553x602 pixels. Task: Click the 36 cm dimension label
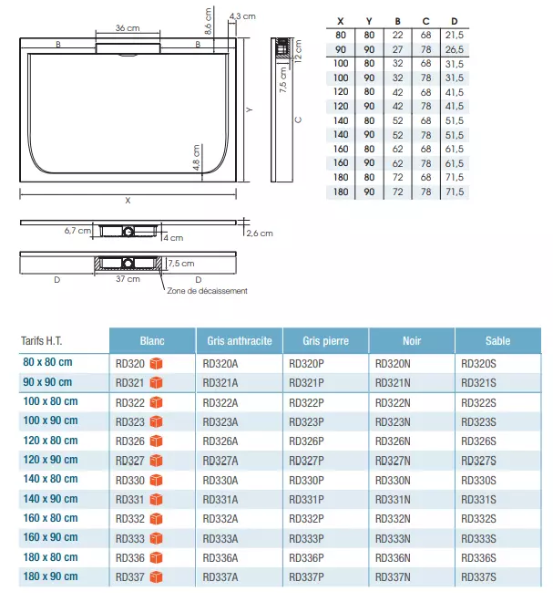[x=128, y=28]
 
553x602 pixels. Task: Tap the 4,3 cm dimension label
[x=242, y=16]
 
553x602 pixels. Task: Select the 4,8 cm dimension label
[x=195, y=159]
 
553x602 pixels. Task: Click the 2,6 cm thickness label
[x=260, y=234]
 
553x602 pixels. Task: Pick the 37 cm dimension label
[x=128, y=279]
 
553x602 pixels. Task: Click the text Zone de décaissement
[x=207, y=291]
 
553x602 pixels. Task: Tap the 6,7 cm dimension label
[x=77, y=231]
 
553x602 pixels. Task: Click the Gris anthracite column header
[x=240, y=341]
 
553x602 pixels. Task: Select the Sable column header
[x=498, y=341]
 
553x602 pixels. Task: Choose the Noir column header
[x=412, y=341]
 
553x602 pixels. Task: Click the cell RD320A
[x=220, y=363]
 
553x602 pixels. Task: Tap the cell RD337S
[x=479, y=576]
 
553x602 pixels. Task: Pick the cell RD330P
[x=306, y=480]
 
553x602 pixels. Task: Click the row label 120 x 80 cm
[x=50, y=441]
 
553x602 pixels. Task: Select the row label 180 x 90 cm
[x=50, y=576]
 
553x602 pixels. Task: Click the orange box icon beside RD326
[x=156, y=441]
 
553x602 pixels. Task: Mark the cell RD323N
[x=393, y=421]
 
